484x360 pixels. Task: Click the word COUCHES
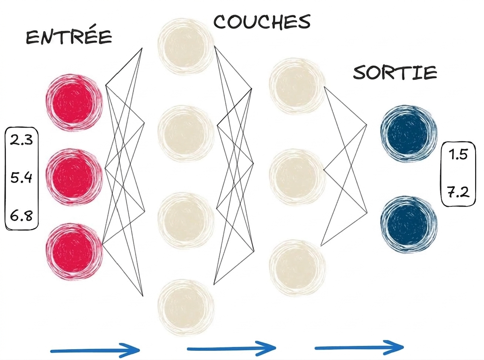pyautogui.click(x=262, y=22)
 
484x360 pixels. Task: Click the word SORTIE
pyautogui.click(x=395, y=72)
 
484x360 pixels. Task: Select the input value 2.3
pyautogui.click(x=21, y=140)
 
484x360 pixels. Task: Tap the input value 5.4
pyautogui.click(x=21, y=178)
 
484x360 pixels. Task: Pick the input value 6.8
pyautogui.click(x=21, y=216)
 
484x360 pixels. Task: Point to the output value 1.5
pyautogui.click(x=458, y=155)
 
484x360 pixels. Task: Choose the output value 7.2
pyautogui.click(x=458, y=192)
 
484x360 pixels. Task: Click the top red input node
pyautogui.click(x=74, y=103)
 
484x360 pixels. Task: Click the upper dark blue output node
pyautogui.click(x=409, y=134)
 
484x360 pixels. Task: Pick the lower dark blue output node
pyautogui.click(x=409, y=225)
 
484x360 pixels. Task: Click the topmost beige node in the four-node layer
pyautogui.click(x=186, y=46)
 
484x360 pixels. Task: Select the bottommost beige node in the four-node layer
pyautogui.click(x=186, y=308)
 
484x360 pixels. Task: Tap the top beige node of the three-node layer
pyautogui.click(x=297, y=86)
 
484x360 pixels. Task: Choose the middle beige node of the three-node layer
pyautogui.click(x=297, y=177)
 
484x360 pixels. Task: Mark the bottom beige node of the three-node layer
pyautogui.click(x=297, y=268)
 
